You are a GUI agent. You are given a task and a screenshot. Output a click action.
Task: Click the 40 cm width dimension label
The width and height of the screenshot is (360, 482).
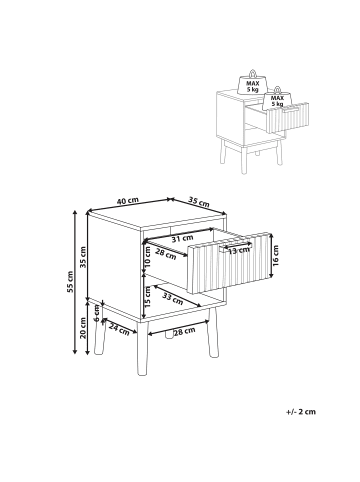point(127,201)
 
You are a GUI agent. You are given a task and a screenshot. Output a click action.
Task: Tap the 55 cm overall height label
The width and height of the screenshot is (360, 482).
point(70,282)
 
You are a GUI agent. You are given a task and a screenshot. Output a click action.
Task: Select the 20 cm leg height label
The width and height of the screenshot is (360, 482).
point(83,328)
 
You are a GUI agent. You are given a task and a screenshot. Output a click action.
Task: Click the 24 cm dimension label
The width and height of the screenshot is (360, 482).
point(119,330)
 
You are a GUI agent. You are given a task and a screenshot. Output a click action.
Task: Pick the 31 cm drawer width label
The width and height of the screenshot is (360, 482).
point(182,238)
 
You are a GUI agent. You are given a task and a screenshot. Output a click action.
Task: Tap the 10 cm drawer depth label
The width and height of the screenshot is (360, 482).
point(148,257)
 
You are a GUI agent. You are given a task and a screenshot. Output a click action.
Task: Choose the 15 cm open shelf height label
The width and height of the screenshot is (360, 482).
point(148,296)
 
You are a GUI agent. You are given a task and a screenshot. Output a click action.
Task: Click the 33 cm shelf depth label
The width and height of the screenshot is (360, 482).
point(173,298)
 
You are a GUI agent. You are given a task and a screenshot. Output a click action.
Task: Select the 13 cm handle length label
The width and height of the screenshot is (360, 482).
point(239,250)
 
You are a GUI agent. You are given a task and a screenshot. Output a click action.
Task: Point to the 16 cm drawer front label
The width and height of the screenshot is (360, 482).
point(275,255)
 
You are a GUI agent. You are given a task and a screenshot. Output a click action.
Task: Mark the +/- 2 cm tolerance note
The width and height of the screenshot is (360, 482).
point(301,412)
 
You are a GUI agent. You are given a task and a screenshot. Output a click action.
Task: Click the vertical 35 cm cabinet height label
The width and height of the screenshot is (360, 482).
point(83,257)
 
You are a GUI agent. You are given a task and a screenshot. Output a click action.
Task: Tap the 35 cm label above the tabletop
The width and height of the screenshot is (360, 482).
point(199,201)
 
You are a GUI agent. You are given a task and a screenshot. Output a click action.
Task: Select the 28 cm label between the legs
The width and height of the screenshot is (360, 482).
point(185,331)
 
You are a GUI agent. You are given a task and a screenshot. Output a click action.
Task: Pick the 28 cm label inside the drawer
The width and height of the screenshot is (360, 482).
point(166,254)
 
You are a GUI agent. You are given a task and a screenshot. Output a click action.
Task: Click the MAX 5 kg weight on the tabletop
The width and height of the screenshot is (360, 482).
point(253,83)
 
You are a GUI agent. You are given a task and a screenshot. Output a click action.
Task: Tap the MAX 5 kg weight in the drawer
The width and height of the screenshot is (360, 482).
point(277,98)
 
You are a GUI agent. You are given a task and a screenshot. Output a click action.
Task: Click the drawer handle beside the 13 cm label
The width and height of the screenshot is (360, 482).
point(235,246)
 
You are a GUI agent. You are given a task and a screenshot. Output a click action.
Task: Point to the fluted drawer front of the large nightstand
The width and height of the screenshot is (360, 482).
point(229,263)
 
